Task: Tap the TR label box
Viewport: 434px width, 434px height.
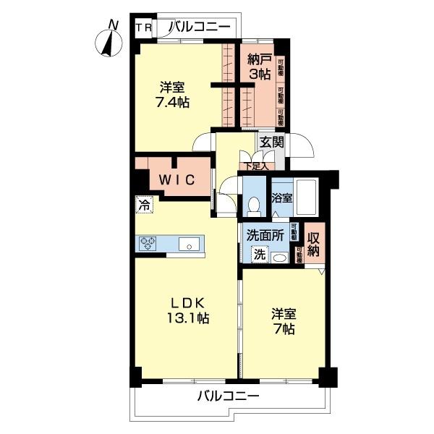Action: [x=142, y=28]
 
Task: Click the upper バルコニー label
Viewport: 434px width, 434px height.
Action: [x=199, y=27]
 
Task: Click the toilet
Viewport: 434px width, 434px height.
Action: [x=253, y=206]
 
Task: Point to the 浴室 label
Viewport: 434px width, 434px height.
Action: [x=282, y=196]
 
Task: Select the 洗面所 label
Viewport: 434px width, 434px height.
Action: [x=265, y=235]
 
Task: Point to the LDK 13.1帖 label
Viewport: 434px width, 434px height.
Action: [x=190, y=310]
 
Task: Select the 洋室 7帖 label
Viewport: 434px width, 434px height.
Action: [x=283, y=322]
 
